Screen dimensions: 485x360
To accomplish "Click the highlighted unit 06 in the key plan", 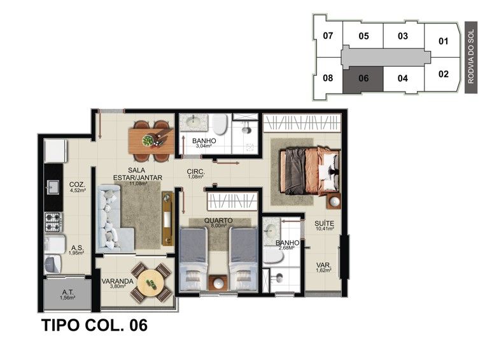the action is pos(363,80).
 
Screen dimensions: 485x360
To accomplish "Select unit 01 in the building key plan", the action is pos(443,41).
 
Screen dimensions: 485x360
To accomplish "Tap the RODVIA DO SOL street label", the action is pos(471,57).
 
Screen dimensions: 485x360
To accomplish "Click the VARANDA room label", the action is pos(117,281).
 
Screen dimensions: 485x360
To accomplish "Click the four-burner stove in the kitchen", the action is pos(53,222).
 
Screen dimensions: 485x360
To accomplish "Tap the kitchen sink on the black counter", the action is pos(53,187).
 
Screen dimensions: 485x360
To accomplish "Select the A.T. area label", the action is pos(67,292).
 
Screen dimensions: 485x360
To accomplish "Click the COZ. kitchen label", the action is pos(77,185).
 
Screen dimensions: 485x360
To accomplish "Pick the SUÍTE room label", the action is pos(324,223).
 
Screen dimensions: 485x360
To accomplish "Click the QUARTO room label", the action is pos(218,220).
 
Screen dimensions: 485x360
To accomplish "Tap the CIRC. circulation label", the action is pos(195,172).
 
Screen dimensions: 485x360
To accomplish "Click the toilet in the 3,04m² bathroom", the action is pos(220,124).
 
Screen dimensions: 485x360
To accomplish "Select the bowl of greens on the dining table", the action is pos(148,141).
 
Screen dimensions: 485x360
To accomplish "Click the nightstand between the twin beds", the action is pos(218,282).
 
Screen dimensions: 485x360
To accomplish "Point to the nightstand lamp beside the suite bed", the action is pos(334,202).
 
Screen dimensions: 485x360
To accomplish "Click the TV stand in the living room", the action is pos(167,218).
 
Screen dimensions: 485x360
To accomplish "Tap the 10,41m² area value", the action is pos(325,229).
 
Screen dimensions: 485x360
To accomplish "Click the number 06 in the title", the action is pos(138,326).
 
